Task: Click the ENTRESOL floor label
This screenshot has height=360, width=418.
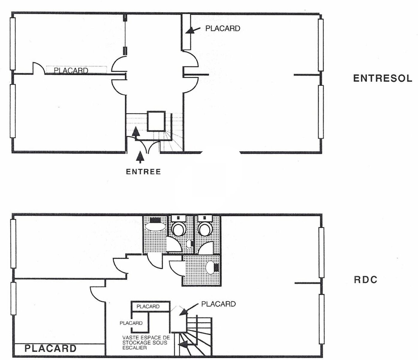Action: pos(382,78)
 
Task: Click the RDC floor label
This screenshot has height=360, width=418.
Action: pos(366,280)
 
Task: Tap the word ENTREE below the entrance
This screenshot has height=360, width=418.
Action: pos(143,172)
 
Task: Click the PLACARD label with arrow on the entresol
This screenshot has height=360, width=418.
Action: pos(223,28)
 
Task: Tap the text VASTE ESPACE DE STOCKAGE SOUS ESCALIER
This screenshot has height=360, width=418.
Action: pos(146,343)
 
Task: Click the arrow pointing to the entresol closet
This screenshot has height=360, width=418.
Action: pos(193,30)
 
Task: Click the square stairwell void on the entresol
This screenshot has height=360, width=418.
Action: pos(156,121)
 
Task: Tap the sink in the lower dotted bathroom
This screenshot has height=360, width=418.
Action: pos(210,268)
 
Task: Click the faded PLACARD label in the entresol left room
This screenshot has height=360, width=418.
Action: pos(71,70)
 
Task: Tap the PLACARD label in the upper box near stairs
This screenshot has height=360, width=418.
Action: pos(148,307)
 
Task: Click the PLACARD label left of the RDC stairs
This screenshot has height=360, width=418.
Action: pos(131,323)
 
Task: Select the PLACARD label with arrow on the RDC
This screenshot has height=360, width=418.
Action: pos(218,304)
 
